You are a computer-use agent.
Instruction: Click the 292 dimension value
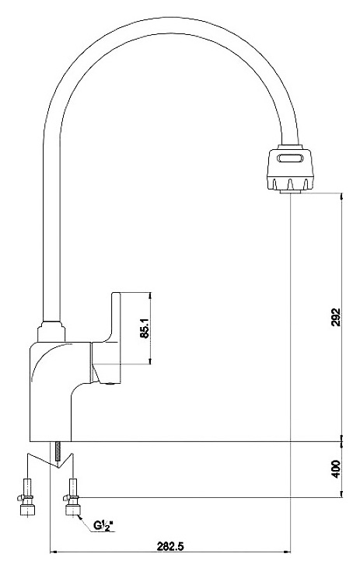tap(336, 317)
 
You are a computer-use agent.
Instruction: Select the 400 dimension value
tap(336, 469)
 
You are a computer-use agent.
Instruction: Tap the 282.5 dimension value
tap(170, 546)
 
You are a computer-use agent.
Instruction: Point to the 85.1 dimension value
tap(145, 329)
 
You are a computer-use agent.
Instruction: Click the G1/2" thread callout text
tap(104, 525)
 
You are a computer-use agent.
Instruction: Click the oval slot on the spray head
tap(290, 158)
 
